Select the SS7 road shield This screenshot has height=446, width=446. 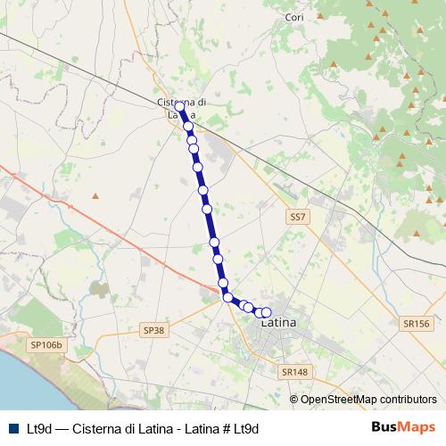[297, 217]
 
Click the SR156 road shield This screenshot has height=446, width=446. [416, 324]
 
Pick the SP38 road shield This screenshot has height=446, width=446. [154, 330]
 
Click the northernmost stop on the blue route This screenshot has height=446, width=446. [180, 106]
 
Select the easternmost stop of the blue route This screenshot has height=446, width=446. [266, 312]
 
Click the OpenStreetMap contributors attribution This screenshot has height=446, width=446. [368, 399]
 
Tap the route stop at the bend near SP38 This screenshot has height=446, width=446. [227, 297]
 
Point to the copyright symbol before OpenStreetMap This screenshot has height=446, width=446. [294, 399]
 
